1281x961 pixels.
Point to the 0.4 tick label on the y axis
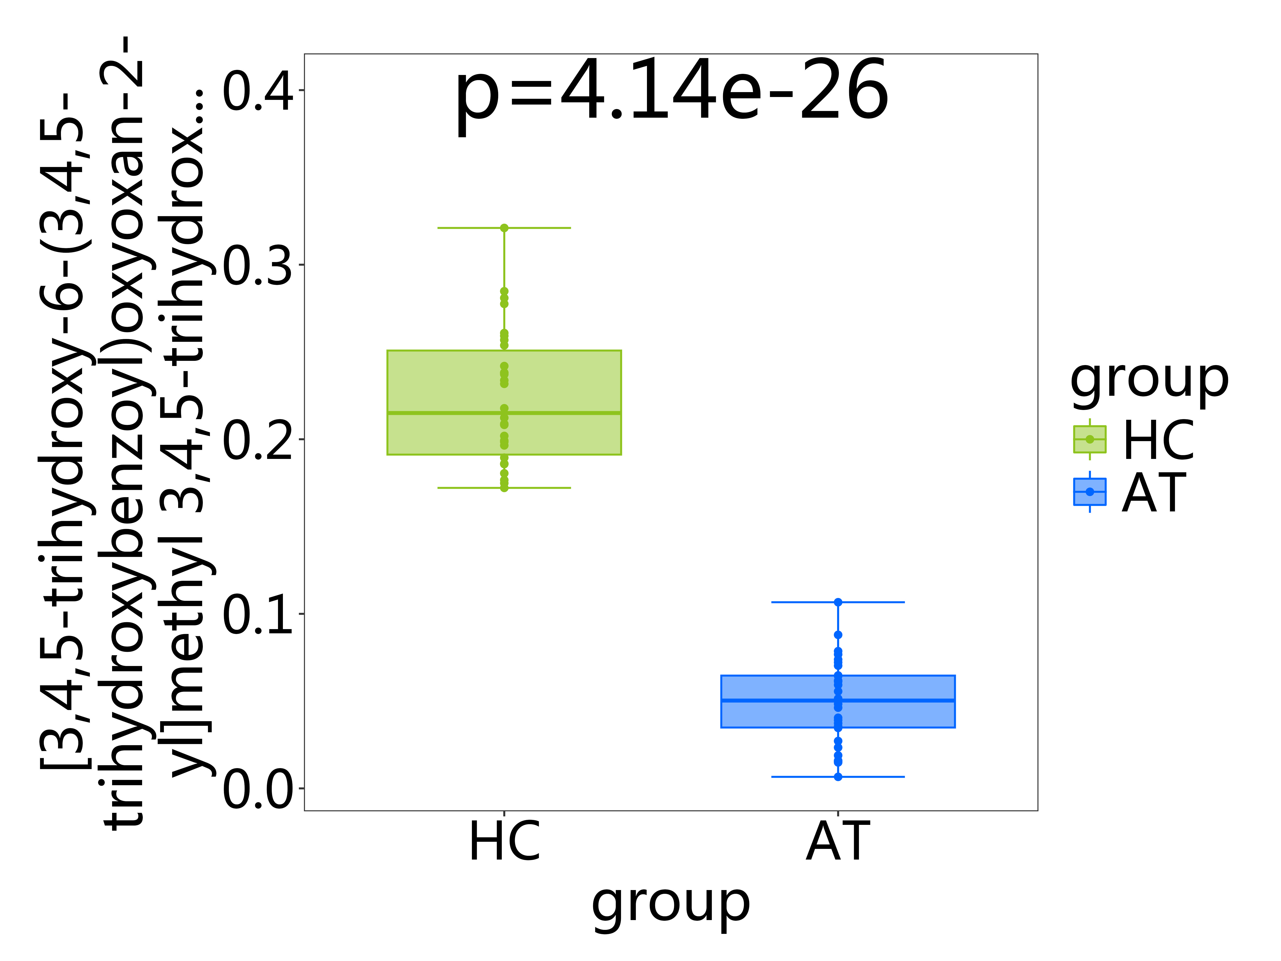258,91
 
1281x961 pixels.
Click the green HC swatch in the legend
1089,439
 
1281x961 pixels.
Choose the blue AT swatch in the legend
1089,492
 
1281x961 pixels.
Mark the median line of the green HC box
504,413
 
